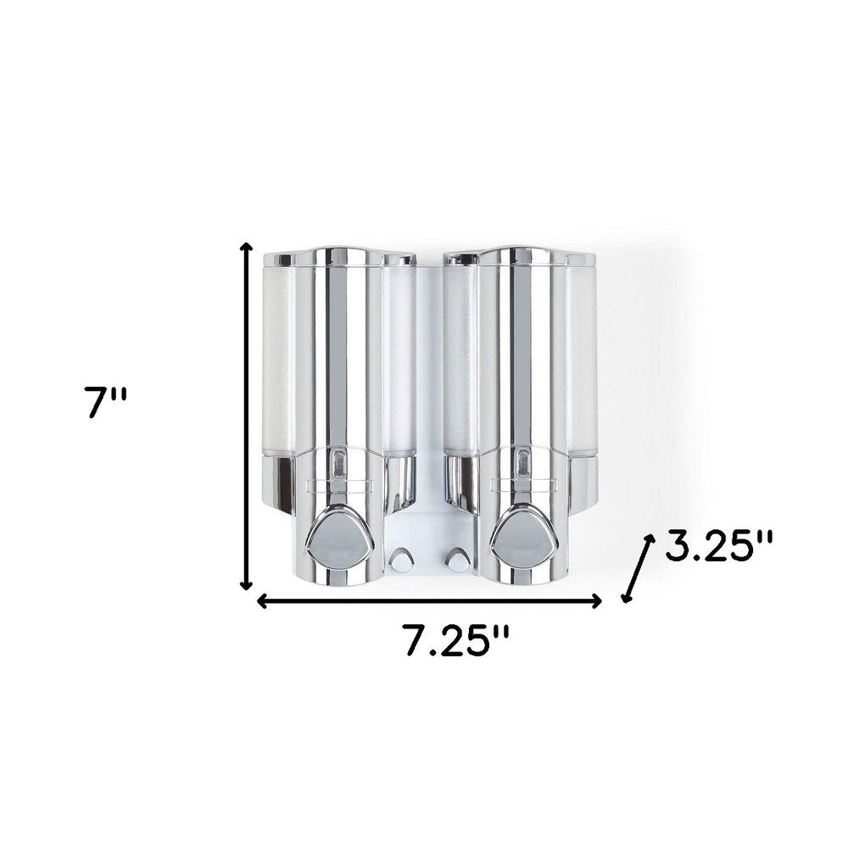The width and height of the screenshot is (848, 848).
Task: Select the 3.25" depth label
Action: click(718, 548)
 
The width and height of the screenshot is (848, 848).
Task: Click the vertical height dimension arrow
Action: click(247, 416)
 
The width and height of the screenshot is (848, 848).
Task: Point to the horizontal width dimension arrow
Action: click(429, 600)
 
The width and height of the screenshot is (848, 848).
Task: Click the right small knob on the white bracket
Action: click(459, 561)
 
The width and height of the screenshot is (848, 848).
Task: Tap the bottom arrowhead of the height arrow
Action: click(247, 584)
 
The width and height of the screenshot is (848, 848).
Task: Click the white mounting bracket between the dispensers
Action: click(428, 526)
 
